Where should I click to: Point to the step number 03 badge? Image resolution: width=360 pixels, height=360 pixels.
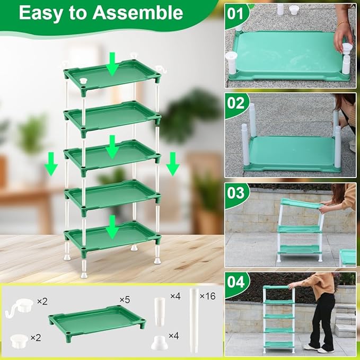click(236, 192)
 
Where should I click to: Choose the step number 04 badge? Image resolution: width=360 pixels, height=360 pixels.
click(236, 280)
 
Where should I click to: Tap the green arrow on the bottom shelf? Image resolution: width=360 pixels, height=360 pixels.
click(111, 226)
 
